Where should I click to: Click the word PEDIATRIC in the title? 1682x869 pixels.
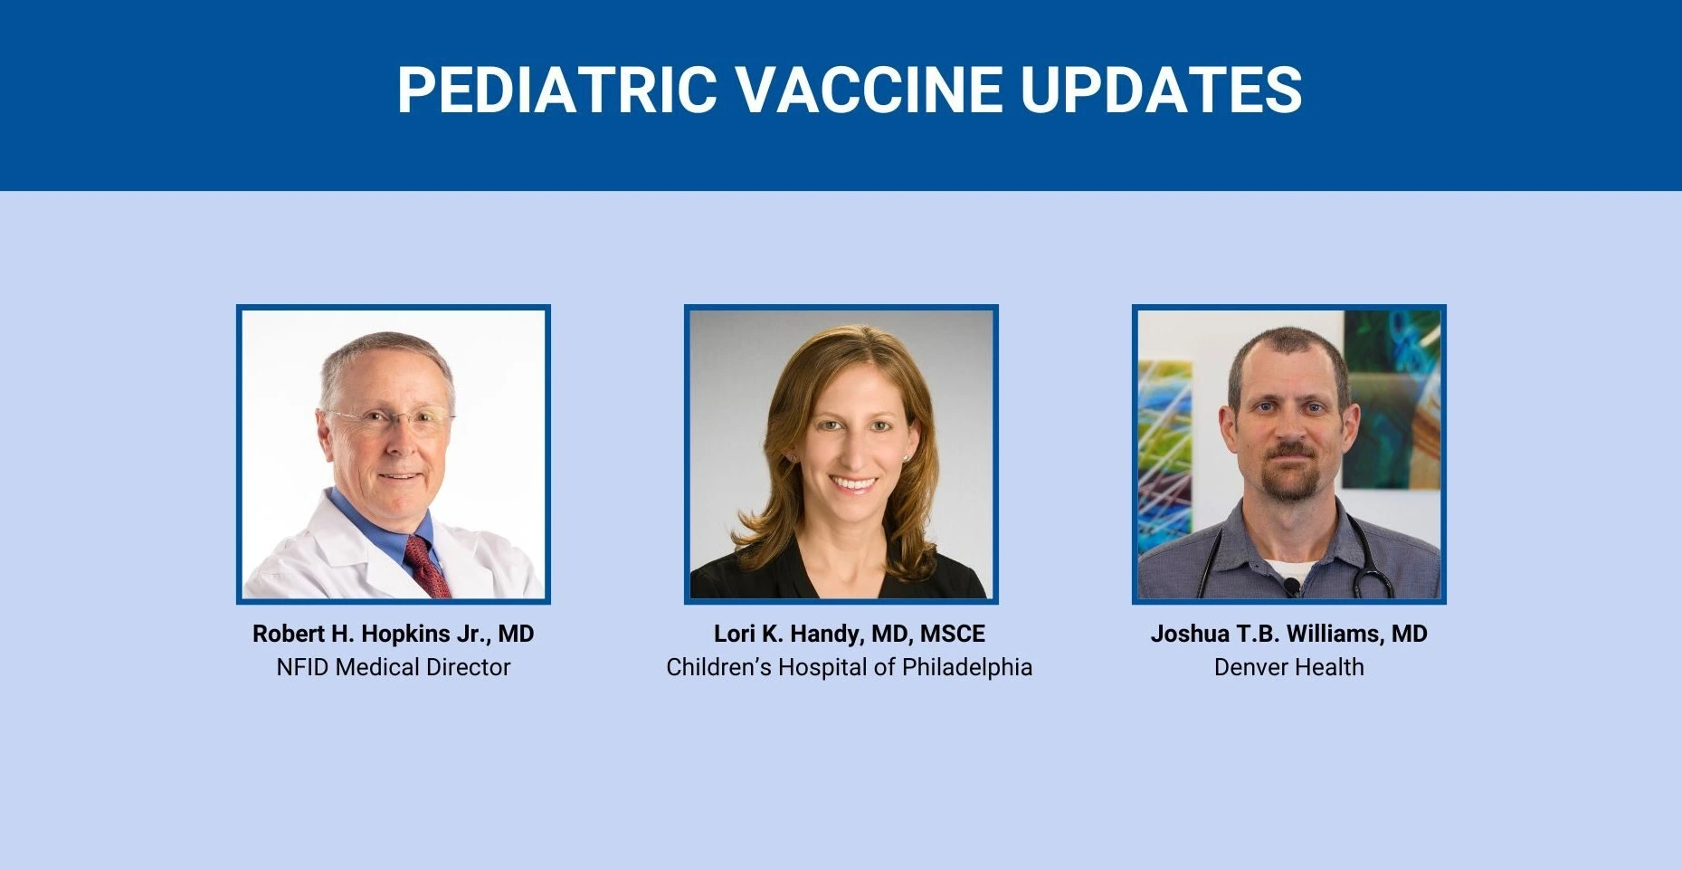click(557, 90)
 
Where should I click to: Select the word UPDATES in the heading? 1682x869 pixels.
click(1161, 90)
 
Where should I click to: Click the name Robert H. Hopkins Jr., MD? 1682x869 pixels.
click(394, 634)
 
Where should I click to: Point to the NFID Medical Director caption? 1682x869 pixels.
click(394, 667)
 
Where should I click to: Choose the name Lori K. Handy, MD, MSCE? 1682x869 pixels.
click(850, 634)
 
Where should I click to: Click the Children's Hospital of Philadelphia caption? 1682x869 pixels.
click(850, 667)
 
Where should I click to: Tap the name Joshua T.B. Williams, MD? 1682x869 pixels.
click(1289, 634)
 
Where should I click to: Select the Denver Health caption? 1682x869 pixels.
click(1289, 667)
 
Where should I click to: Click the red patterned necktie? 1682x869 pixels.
click(427, 567)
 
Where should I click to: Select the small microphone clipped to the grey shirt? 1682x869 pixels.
click(1291, 587)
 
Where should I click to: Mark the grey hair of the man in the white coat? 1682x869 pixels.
click(387, 362)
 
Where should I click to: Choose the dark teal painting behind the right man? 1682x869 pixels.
click(1392, 398)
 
